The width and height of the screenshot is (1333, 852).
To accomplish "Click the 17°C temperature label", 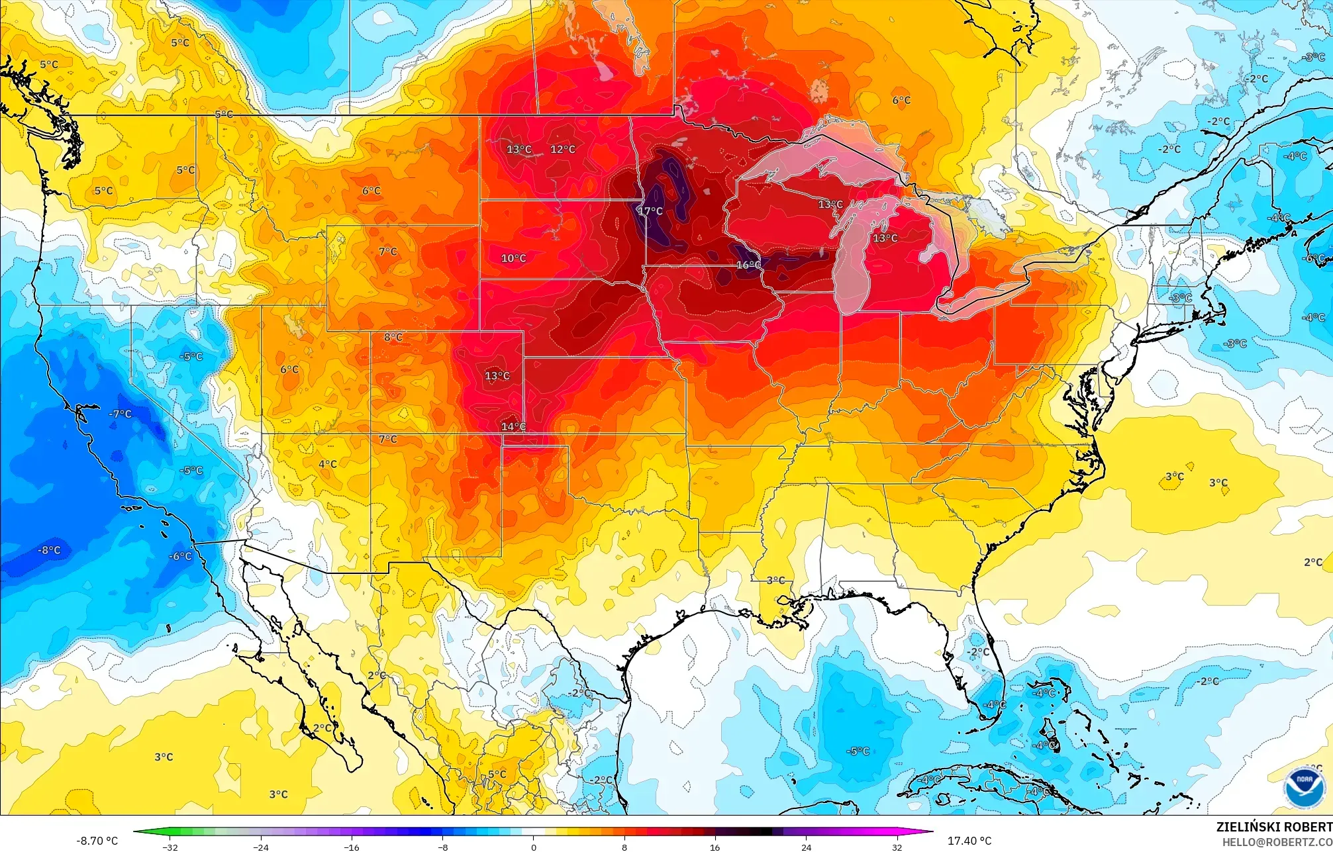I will pyautogui.click(x=650, y=211).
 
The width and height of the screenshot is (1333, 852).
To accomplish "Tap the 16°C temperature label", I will pyautogui.click(x=749, y=265).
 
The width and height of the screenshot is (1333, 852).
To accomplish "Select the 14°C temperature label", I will pyautogui.click(x=513, y=426).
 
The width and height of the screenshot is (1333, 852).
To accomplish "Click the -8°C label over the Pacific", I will pyautogui.click(x=49, y=550).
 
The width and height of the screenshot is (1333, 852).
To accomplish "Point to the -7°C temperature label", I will pyautogui.click(x=121, y=414).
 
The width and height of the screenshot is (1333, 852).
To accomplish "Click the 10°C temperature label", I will pyautogui.click(x=513, y=258).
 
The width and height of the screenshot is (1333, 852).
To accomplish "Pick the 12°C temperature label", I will pyautogui.click(x=563, y=149).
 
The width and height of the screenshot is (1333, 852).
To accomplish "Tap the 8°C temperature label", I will pyautogui.click(x=393, y=337).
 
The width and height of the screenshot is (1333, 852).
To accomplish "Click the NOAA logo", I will pyautogui.click(x=1304, y=788).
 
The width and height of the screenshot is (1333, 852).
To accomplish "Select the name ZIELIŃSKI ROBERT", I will pyautogui.click(x=1273, y=827).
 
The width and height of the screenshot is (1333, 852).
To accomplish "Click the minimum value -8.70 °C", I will pyautogui.click(x=97, y=841).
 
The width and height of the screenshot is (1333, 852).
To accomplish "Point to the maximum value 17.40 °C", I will pyautogui.click(x=969, y=841).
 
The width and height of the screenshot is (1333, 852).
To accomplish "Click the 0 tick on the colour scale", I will pyautogui.click(x=534, y=847).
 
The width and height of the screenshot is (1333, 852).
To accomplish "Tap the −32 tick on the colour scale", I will pyautogui.click(x=170, y=847).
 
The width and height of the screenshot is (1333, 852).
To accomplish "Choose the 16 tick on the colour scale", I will pyautogui.click(x=715, y=847).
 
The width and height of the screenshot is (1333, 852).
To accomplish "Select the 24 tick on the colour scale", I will pyautogui.click(x=806, y=847).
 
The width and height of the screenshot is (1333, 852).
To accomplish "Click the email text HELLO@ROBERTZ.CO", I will pyautogui.click(x=1277, y=842).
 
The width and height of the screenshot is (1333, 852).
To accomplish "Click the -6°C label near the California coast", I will pyautogui.click(x=180, y=556).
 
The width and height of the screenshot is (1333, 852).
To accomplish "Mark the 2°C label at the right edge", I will pyautogui.click(x=1313, y=562).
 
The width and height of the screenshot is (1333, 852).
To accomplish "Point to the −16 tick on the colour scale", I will pyautogui.click(x=352, y=847).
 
